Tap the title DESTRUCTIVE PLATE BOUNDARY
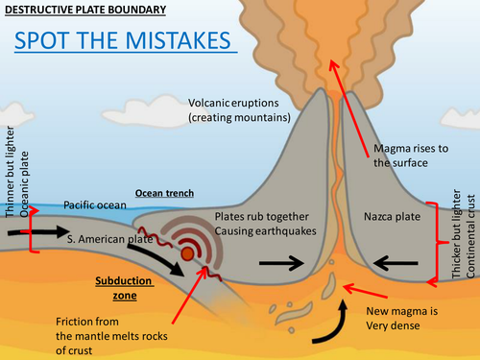(x=84, y=10)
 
